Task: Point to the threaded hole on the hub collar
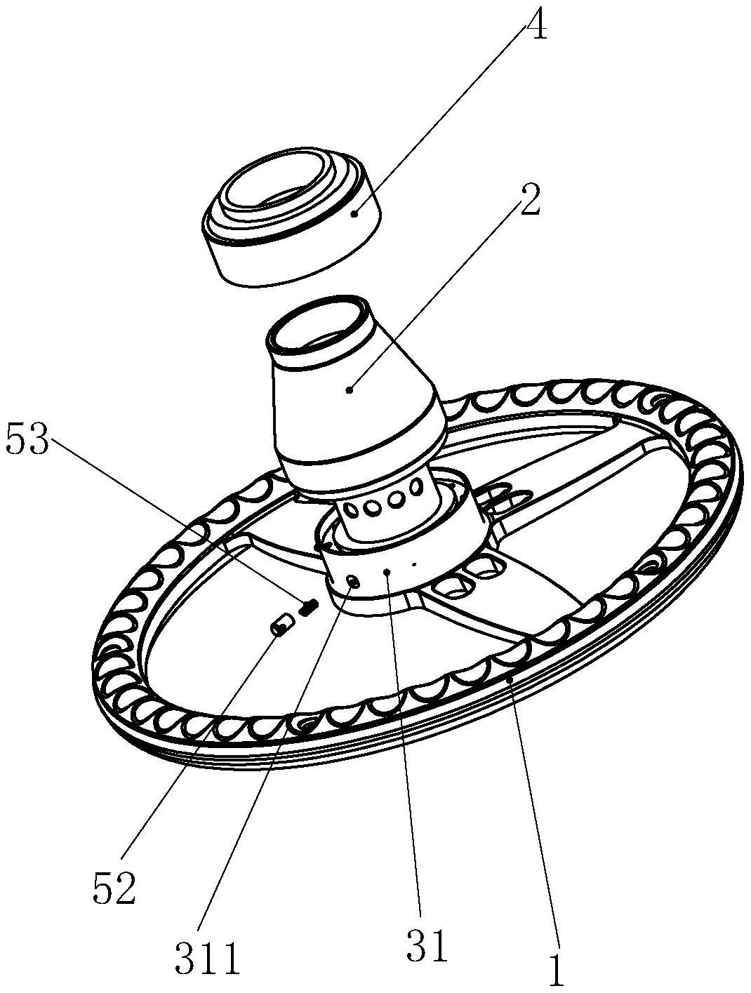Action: coord(354,580)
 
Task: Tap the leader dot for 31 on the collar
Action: coord(387,573)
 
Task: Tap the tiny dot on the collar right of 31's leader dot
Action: coord(414,563)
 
